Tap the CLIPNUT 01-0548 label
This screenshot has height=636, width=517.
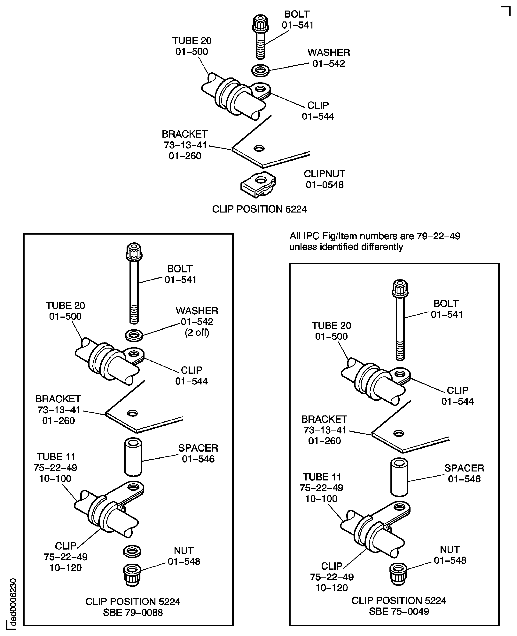pos(324,179)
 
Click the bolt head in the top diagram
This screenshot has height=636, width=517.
pos(260,24)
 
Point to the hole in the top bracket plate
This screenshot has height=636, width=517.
pos(259,148)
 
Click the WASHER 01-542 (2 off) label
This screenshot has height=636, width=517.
pos(197,322)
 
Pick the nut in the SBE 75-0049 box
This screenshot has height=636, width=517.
pos(398,574)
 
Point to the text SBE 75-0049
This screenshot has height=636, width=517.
pos(399,611)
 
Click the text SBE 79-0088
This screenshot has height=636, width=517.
pos(133,612)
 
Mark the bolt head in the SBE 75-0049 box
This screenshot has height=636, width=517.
pos(400,288)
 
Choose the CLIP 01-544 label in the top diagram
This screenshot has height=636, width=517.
pos(318,111)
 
